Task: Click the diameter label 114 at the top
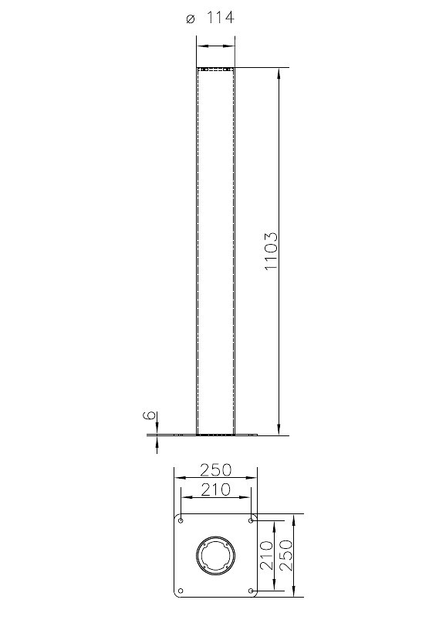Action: tap(220, 18)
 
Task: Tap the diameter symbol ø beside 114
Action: tap(191, 19)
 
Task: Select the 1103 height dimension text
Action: tap(271, 251)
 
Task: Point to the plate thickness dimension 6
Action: tap(149, 415)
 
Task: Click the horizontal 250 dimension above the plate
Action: tap(216, 469)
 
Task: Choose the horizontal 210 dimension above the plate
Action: tap(216, 489)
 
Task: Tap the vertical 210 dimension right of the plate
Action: tap(266, 555)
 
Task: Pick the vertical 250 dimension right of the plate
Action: tap(286, 555)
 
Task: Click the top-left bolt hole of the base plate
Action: tap(181, 520)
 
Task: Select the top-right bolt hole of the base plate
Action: tap(251, 520)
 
